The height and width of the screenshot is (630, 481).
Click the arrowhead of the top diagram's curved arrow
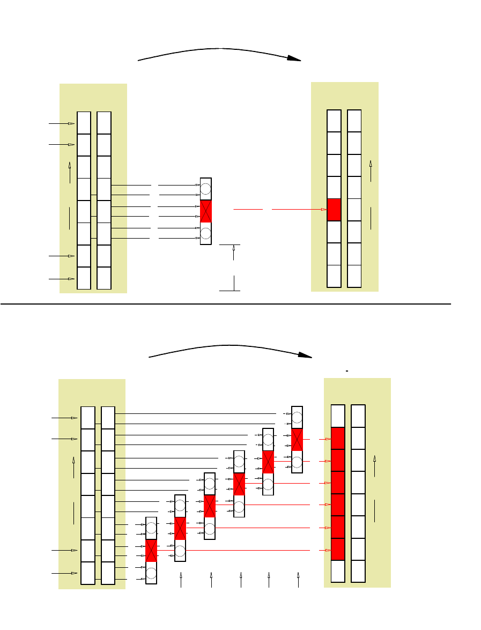(293, 58)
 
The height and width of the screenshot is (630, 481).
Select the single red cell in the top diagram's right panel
(334, 210)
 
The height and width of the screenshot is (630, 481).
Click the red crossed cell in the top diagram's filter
(206, 211)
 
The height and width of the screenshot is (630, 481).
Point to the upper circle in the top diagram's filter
(206, 189)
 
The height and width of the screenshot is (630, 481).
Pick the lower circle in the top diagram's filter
(206, 233)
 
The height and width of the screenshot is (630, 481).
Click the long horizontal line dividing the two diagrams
(225, 303)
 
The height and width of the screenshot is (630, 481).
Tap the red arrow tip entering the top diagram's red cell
(324, 210)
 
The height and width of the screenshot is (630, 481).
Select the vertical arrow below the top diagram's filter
(234, 252)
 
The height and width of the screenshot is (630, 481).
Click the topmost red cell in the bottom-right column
(338, 439)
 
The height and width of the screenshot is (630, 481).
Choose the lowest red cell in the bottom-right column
(338, 549)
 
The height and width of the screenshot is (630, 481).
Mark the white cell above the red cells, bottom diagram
(338, 416)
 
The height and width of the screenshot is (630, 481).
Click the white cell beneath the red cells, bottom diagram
(338, 571)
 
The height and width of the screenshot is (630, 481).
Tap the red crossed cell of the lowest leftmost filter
(151, 550)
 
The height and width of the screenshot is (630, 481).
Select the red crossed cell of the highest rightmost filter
(297, 440)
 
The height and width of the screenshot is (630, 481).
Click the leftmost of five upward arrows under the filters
(181, 579)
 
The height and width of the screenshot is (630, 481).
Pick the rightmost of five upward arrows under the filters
(298, 579)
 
